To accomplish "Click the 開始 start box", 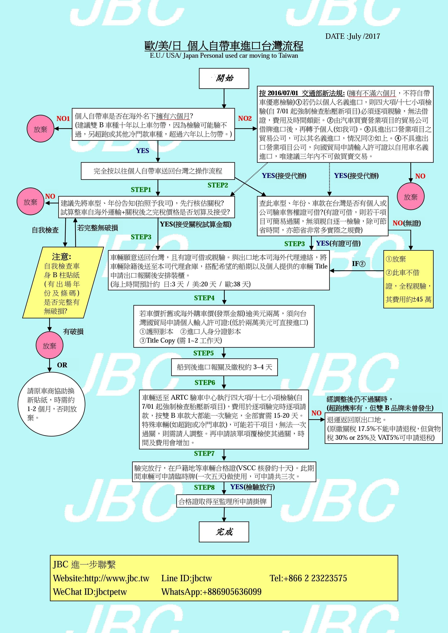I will pos(224,78).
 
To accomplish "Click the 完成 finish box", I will pos(224,532).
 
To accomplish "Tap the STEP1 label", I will pos(141,189).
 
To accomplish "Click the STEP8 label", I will pos(204,487).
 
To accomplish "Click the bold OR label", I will pos(62,365).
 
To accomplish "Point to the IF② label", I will pos(358,264).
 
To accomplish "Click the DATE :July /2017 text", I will pos(352,36).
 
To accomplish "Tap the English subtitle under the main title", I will pos(224,56).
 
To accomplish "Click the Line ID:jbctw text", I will pos(187,578).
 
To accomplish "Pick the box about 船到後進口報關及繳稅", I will pos(224,367).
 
